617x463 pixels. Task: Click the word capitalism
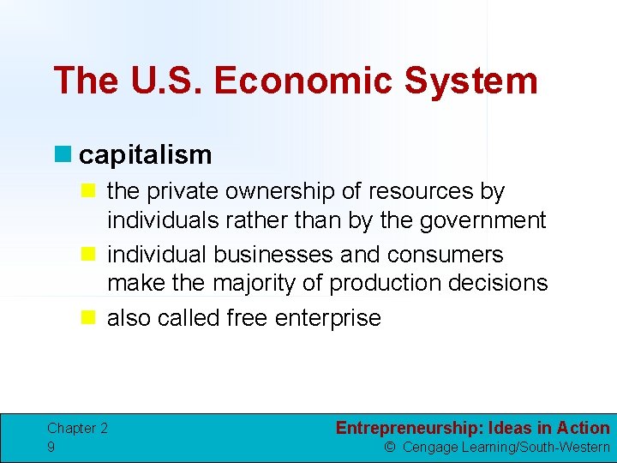(x=145, y=155)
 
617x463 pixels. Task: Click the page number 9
(x=51, y=447)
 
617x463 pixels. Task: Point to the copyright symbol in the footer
(x=389, y=447)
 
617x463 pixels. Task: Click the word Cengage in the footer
(x=432, y=447)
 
